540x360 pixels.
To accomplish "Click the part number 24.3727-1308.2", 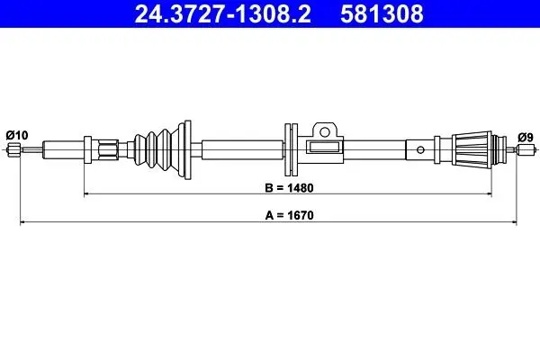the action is click(x=223, y=13).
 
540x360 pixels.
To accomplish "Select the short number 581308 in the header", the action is click(x=382, y=13).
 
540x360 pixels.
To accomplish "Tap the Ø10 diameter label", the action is click(x=17, y=135).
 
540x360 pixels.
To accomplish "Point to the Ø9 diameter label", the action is click(x=526, y=138).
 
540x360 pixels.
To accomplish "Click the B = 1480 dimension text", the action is click(x=289, y=188).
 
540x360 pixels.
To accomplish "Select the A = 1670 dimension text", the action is click(x=289, y=216).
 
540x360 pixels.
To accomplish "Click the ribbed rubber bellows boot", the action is click(x=157, y=150).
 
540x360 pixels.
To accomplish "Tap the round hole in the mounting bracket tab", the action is click(x=324, y=131).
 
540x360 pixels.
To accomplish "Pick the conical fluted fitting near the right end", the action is click(x=472, y=149).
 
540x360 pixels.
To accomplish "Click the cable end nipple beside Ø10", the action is click(x=14, y=149).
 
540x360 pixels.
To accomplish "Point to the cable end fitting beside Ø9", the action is click(x=526, y=149).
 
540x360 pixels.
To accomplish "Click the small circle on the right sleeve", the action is click(x=420, y=150).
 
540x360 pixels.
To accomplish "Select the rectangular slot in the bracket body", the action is click(x=323, y=147).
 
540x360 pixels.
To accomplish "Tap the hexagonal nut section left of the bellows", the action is click(x=108, y=150).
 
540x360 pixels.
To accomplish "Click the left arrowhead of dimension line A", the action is click(x=22, y=222).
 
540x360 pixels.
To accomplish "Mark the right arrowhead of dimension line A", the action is click(x=514, y=222).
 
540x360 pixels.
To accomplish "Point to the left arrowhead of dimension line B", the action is click(x=87, y=194).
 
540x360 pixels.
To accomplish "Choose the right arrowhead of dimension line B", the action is click(x=489, y=194).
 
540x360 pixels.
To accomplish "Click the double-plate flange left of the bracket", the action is click(x=291, y=150).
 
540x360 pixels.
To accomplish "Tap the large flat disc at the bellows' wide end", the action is click(x=188, y=150).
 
